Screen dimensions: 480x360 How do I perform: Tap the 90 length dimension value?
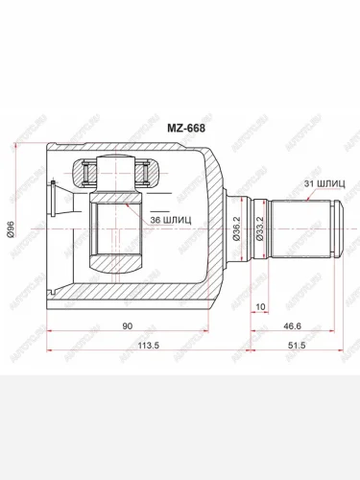click(127, 325)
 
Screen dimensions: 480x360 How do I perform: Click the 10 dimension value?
click(260, 306)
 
